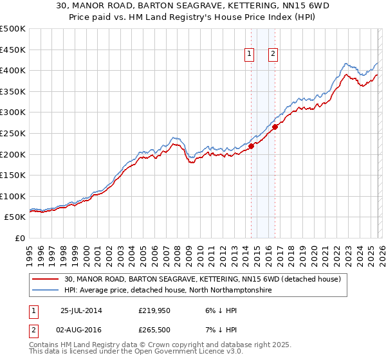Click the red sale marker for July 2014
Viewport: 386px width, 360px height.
251,145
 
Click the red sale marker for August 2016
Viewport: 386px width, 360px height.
275,127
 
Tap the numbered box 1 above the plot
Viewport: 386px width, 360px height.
249,55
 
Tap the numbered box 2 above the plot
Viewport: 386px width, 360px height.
273,55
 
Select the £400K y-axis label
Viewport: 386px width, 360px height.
13,70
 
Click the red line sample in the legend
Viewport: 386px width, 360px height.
46,279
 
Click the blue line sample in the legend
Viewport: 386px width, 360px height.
46,291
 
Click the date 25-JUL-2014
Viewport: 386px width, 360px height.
82,310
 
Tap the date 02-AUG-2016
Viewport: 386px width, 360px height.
82,330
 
